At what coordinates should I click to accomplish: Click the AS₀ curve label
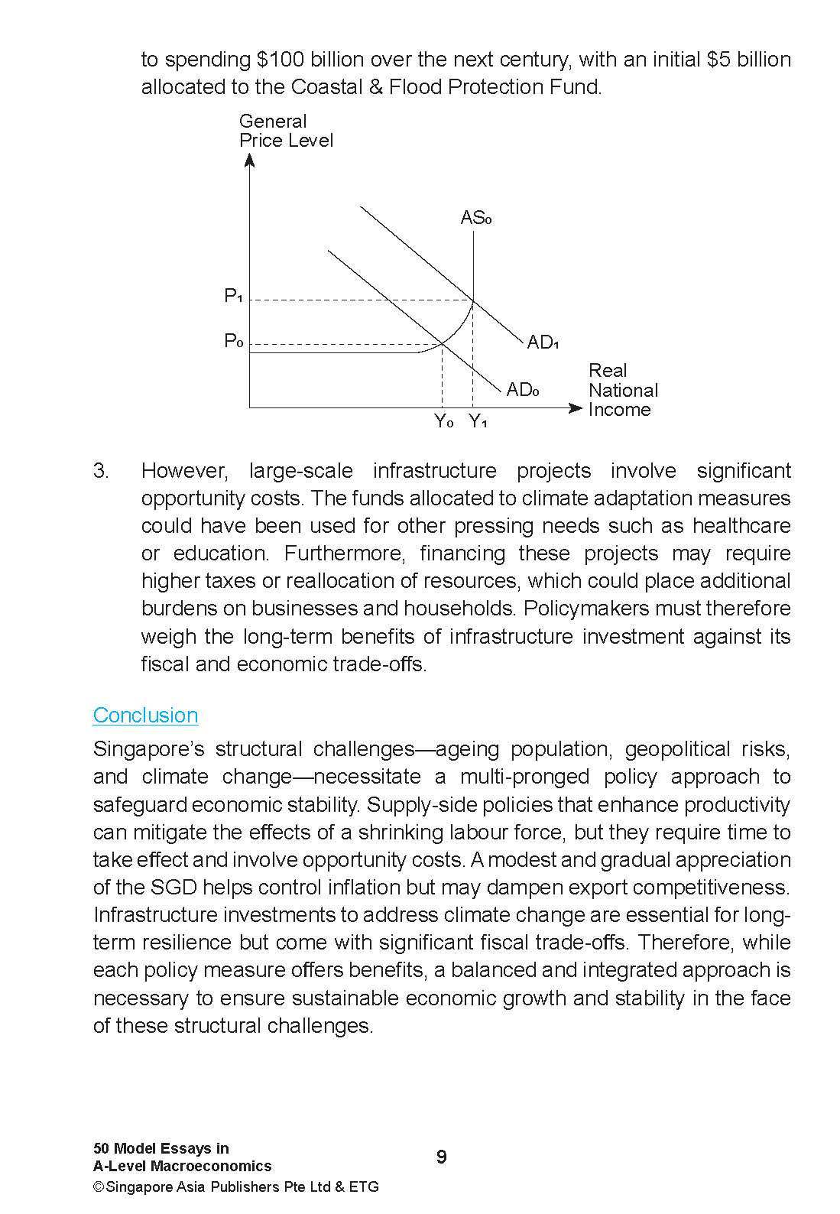[475, 218]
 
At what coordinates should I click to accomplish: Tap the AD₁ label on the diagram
[543, 342]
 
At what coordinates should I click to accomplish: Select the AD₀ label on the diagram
[523, 390]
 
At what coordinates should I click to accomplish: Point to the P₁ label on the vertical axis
[233, 296]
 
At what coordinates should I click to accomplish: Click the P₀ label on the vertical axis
[233, 341]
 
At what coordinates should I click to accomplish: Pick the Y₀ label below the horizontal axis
[444, 421]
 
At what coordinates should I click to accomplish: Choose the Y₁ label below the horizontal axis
[478, 421]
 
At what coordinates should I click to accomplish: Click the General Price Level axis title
[285, 131]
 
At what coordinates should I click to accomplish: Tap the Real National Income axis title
[622, 390]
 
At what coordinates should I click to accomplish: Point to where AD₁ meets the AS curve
[474, 300]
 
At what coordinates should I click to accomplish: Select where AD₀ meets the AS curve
[443, 344]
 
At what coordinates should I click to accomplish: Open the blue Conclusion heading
[145, 715]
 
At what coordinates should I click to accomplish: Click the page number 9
[442, 1157]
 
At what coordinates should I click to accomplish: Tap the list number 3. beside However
[101, 470]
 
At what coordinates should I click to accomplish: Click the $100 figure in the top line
[284, 60]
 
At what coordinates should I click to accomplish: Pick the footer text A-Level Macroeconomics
[182, 1166]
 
